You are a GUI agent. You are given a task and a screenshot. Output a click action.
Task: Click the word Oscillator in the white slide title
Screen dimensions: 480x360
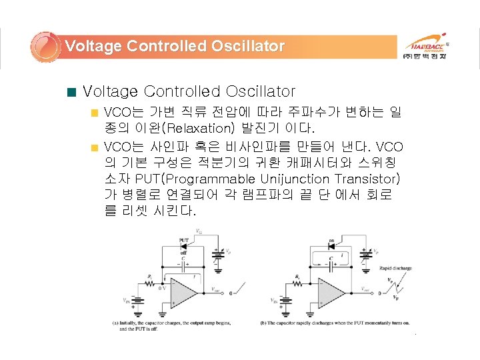pyautogui.click(x=247, y=46)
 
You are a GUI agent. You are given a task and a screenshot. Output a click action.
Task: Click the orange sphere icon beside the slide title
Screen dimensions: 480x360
pyautogui.click(x=45, y=46)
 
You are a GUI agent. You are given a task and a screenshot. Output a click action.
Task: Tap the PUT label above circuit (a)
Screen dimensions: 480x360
pyautogui.click(x=183, y=239)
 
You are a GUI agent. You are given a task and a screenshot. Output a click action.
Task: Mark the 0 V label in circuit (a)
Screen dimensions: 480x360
pyautogui.click(x=162, y=288)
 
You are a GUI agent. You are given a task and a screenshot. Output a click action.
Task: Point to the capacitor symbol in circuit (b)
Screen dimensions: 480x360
pyautogui.click(x=331, y=265)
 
